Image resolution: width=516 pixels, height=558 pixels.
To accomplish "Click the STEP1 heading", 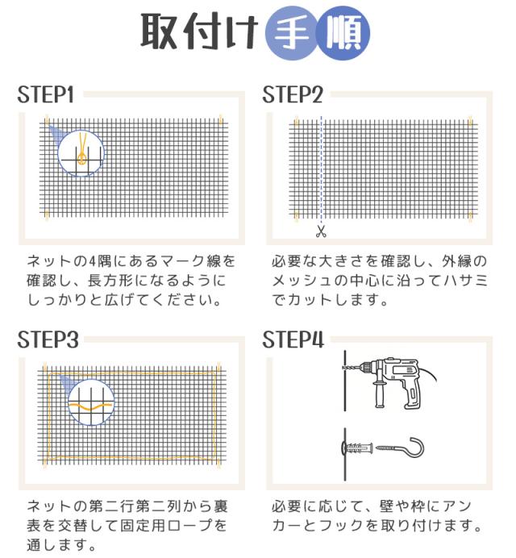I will [46, 95].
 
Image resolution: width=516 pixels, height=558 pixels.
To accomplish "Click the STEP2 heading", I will [293, 95].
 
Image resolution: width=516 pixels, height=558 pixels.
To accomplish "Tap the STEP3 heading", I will [48, 339].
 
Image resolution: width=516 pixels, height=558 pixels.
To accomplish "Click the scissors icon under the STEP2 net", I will [321, 232].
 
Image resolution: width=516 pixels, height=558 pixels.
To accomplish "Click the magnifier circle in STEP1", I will [81, 153].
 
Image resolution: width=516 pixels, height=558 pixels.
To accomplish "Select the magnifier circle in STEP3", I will [90, 401].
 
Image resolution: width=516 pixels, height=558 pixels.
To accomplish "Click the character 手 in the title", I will [289, 34].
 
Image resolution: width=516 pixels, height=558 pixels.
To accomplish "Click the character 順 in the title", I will [343, 34].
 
